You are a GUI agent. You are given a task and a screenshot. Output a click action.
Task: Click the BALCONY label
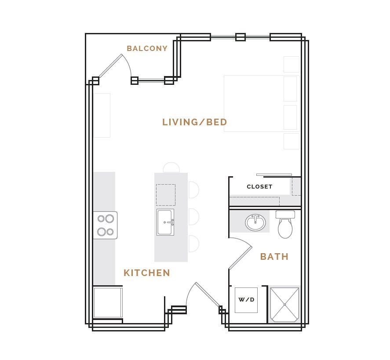pos(147,49)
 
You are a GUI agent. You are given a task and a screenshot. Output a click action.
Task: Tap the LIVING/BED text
pos(194,122)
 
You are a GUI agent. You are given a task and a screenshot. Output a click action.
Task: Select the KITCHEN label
pos(146,273)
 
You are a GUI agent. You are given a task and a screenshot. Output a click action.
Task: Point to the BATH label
pos(274,257)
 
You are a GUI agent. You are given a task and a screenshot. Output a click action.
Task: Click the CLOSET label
pos(259,187)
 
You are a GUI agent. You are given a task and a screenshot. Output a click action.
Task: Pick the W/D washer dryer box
pos(246,300)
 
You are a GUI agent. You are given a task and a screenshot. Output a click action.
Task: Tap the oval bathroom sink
pos(255,222)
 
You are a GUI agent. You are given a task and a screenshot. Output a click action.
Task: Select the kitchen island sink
pos(165,222)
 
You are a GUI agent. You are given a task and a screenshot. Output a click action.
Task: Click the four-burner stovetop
pos(105,225)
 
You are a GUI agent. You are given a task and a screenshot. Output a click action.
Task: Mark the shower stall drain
pos(284,304)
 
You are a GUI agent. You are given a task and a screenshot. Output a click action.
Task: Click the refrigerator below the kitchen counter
pos(108,302)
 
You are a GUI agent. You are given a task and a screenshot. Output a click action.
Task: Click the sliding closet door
pos(274,175)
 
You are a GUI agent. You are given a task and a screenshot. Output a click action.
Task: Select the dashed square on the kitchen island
pos(165,195)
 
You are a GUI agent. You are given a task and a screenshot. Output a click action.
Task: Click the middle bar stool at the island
pos(193,217)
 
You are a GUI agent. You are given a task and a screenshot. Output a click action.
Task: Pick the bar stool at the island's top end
pos(171,168)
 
